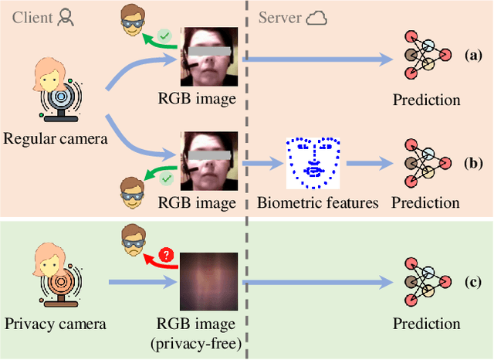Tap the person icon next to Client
(x=67, y=18)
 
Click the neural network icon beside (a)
(x=427, y=58)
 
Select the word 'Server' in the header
(x=280, y=18)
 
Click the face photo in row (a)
(x=206, y=56)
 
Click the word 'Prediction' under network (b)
(x=425, y=203)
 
